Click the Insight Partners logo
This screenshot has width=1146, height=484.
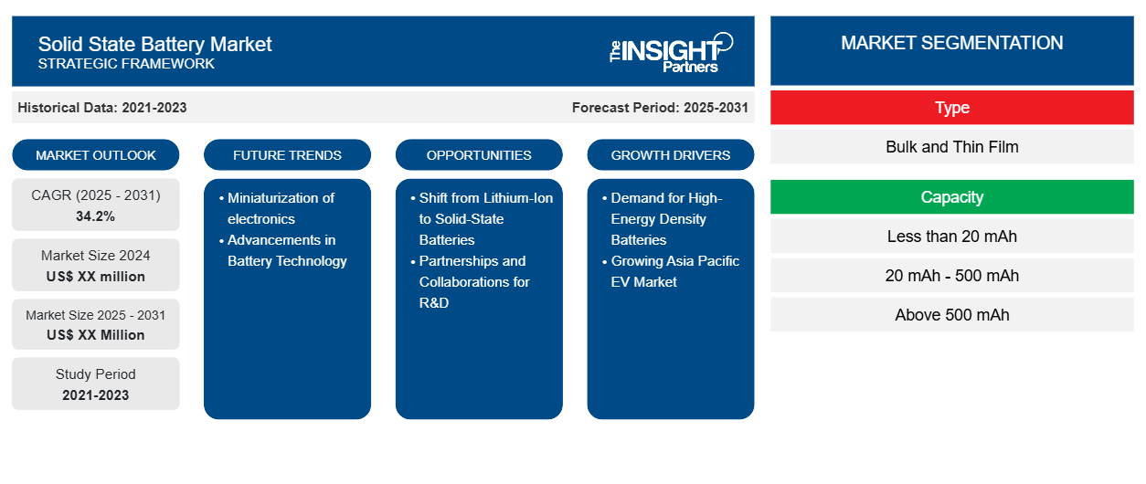(671, 53)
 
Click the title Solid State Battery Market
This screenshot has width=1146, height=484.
(154, 44)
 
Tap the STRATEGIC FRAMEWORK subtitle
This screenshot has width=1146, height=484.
(126, 64)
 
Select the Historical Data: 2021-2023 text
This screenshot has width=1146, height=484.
(102, 108)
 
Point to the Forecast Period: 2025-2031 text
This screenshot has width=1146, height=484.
(660, 108)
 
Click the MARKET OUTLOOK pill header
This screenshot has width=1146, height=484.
(96, 155)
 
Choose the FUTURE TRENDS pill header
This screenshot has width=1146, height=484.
(287, 155)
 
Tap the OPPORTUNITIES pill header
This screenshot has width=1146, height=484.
(479, 155)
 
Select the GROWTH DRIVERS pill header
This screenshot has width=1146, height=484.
(670, 155)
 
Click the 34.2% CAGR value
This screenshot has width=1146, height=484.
(96, 216)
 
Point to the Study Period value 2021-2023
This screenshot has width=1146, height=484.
(96, 395)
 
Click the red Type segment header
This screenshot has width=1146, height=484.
(952, 108)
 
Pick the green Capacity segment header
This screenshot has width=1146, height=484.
(952, 196)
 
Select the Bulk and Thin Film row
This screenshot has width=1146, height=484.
(952, 147)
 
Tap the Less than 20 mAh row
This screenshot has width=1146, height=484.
(952, 237)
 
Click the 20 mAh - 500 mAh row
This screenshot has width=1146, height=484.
(952, 276)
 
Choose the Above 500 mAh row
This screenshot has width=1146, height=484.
(952, 315)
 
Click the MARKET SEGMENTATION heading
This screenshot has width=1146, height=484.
(952, 43)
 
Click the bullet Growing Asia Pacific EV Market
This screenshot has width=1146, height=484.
(671, 271)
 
